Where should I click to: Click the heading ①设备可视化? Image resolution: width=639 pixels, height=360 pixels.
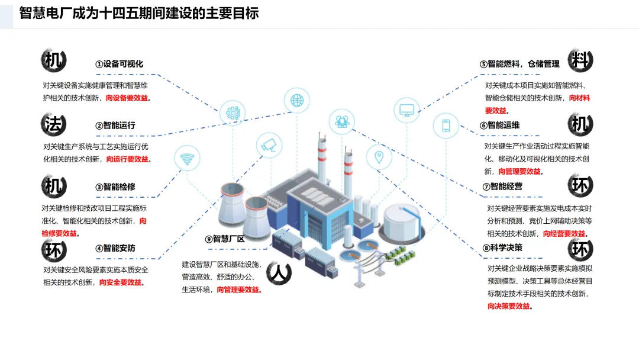click(x=120, y=64)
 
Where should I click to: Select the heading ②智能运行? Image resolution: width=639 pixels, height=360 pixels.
click(x=115, y=125)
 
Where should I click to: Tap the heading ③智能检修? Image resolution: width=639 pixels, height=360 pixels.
click(x=115, y=187)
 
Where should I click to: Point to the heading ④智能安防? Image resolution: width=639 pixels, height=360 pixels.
click(x=115, y=248)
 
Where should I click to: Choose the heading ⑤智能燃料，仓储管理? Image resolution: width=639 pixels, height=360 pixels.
click(x=519, y=64)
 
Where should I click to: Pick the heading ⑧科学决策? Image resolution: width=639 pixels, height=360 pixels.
click(x=502, y=247)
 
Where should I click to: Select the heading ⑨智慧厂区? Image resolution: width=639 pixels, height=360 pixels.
click(x=225, y=239)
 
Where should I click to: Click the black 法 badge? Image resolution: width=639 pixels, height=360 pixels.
click(x=54, y=124)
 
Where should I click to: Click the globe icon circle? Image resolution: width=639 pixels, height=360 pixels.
click(x=295, y=99)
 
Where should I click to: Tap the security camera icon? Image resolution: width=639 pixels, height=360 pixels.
click(x=269, y=144)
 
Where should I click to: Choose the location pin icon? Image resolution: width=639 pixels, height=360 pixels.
click(x=379, y=157)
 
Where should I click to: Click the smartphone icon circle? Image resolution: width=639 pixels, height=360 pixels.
click(x=446, y=126)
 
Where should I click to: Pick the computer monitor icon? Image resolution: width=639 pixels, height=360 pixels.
click(x=406, y=110)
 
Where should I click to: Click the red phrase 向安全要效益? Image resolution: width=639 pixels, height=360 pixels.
click(x=121, y=282)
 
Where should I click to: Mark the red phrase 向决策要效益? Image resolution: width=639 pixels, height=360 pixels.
click(x=508, y=306)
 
